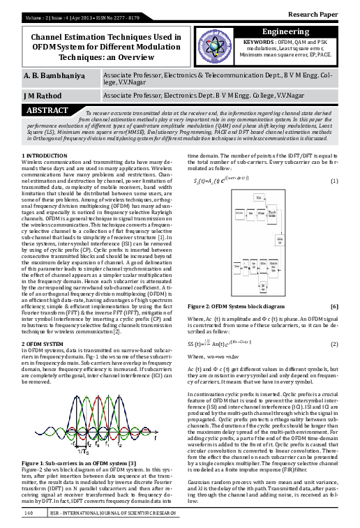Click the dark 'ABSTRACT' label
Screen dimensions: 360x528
(x=47, y=110)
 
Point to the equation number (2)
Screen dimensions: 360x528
(x=334, y=345)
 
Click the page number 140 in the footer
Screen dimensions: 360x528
(x=29, y=513)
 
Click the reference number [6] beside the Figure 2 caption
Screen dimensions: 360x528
(x=334, y=306)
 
